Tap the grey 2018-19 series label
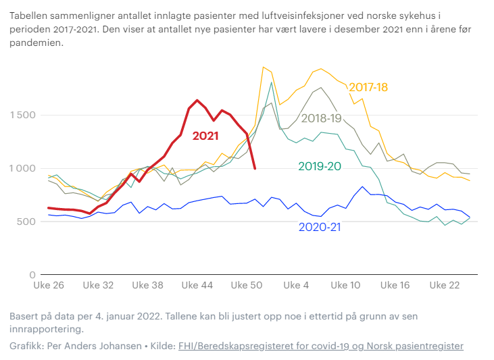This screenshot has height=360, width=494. tap(322, 118)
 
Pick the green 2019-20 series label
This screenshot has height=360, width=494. tap(319, 166)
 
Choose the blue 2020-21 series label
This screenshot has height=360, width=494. tap(320, 227)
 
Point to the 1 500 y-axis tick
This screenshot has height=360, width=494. tap(22, 115)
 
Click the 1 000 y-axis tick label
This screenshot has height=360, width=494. tap(22, 168)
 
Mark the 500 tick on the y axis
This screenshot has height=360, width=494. tap(27, 222)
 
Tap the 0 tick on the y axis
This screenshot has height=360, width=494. tap(32, 275)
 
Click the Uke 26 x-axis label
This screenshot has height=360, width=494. tap(49, 286)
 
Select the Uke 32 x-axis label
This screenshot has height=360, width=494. tap(98, 286)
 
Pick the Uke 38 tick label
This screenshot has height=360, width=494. tap(148, 286)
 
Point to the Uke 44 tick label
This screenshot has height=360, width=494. tap(197, 286)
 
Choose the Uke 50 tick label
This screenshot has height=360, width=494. tap(247, 286)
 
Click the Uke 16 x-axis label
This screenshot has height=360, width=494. tap(395, 286)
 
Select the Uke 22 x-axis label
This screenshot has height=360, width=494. tap(445, 286)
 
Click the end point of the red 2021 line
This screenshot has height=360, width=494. tap(255, 169)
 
